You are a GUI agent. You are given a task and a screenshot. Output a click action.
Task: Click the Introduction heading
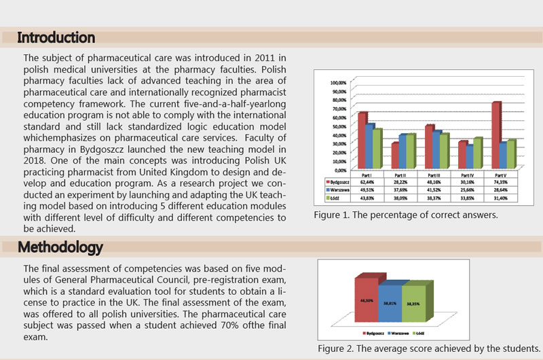click(x=56, y=37)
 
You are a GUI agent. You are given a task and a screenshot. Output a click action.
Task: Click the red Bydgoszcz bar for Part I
click(x=362, y=140)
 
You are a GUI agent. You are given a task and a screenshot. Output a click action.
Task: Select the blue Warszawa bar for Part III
click(x=437, y=149)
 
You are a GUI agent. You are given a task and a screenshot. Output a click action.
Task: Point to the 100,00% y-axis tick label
click(x=337, y=83)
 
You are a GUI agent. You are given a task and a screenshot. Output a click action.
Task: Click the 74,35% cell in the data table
click(x=500, y=183)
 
